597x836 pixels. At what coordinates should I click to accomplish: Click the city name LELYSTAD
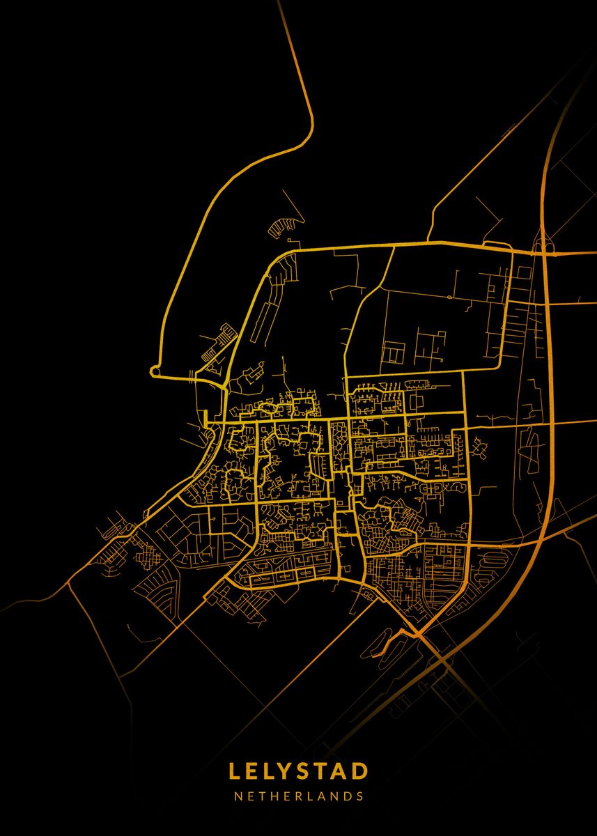pyautogui.click(x=298, y=771)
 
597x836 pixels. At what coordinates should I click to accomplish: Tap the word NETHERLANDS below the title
pyautogui.click(x=298, y=796)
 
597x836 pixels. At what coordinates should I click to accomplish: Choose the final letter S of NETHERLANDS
pyautogui.click(x=360, y=796)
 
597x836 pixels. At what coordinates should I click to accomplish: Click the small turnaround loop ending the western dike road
pyautogui.click(x=155, y=371)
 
